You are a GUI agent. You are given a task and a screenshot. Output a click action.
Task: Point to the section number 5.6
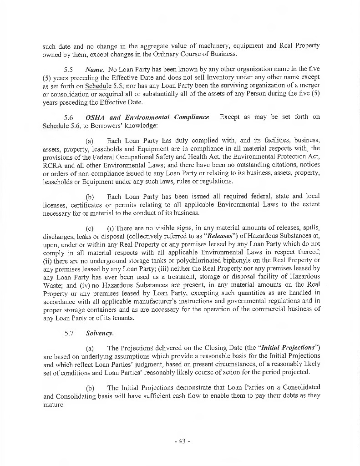coord(69,117)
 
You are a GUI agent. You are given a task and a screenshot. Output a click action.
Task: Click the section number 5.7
coord(69,333)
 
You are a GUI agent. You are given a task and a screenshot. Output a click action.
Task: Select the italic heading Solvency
coord(100,333)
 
